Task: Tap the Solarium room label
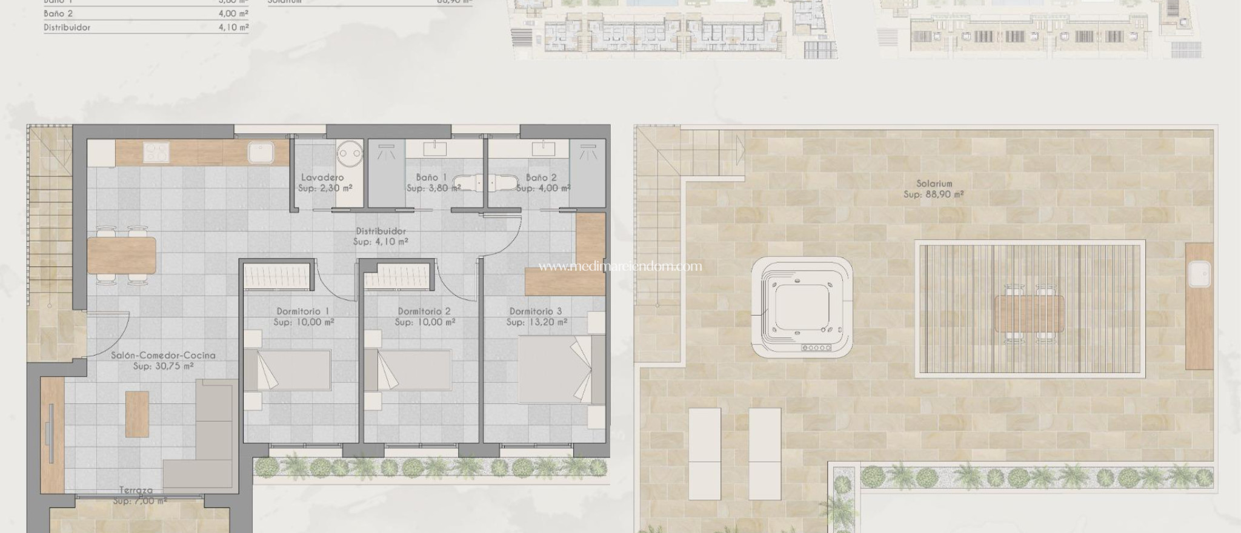[x=934, y=183]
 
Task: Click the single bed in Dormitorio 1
[x=287, y=369]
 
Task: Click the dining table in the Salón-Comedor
[x=122, y=254]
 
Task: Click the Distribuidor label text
[x=381, y=231]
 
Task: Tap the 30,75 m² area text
[x=164, y=366]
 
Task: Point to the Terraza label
[x=136, y=490]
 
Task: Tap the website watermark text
[x=620, y=266]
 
